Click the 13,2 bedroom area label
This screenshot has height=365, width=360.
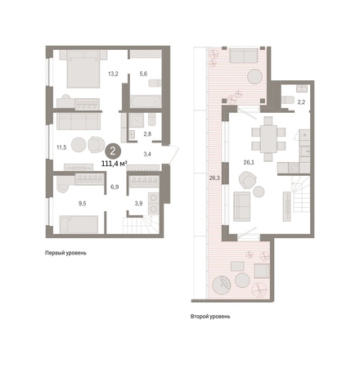[x=113, y=74]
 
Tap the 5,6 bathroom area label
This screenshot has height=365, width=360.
[x=143, y=74]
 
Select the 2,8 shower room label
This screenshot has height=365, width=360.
[x=147, y=134]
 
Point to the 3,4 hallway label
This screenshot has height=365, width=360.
[x=147, y=154]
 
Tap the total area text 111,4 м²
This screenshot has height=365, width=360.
[x=115, y=164]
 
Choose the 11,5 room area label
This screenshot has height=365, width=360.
[x=61, y=148]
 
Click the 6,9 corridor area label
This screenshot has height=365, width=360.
[x=115, y=187]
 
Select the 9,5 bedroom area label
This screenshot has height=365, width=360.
[x=82, y=203]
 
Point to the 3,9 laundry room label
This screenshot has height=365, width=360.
[x=139, y=204]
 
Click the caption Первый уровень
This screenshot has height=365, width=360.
[x=65, y=253]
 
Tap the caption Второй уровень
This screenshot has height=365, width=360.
[x=210, y=317]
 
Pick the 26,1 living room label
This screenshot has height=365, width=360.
[x=249, y=163]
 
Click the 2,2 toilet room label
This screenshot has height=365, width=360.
[x=301, y=102]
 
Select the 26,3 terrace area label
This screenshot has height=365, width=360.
[x=214, y=178]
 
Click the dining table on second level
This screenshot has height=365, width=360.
[x=268, y=139]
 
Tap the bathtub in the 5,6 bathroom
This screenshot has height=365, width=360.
[x=146, y=101]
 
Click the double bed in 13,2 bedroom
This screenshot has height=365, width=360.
[x=83, y=72]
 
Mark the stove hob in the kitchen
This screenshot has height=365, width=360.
[x=294, y=167]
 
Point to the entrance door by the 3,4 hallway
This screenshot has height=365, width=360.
[x=173, y=155]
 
